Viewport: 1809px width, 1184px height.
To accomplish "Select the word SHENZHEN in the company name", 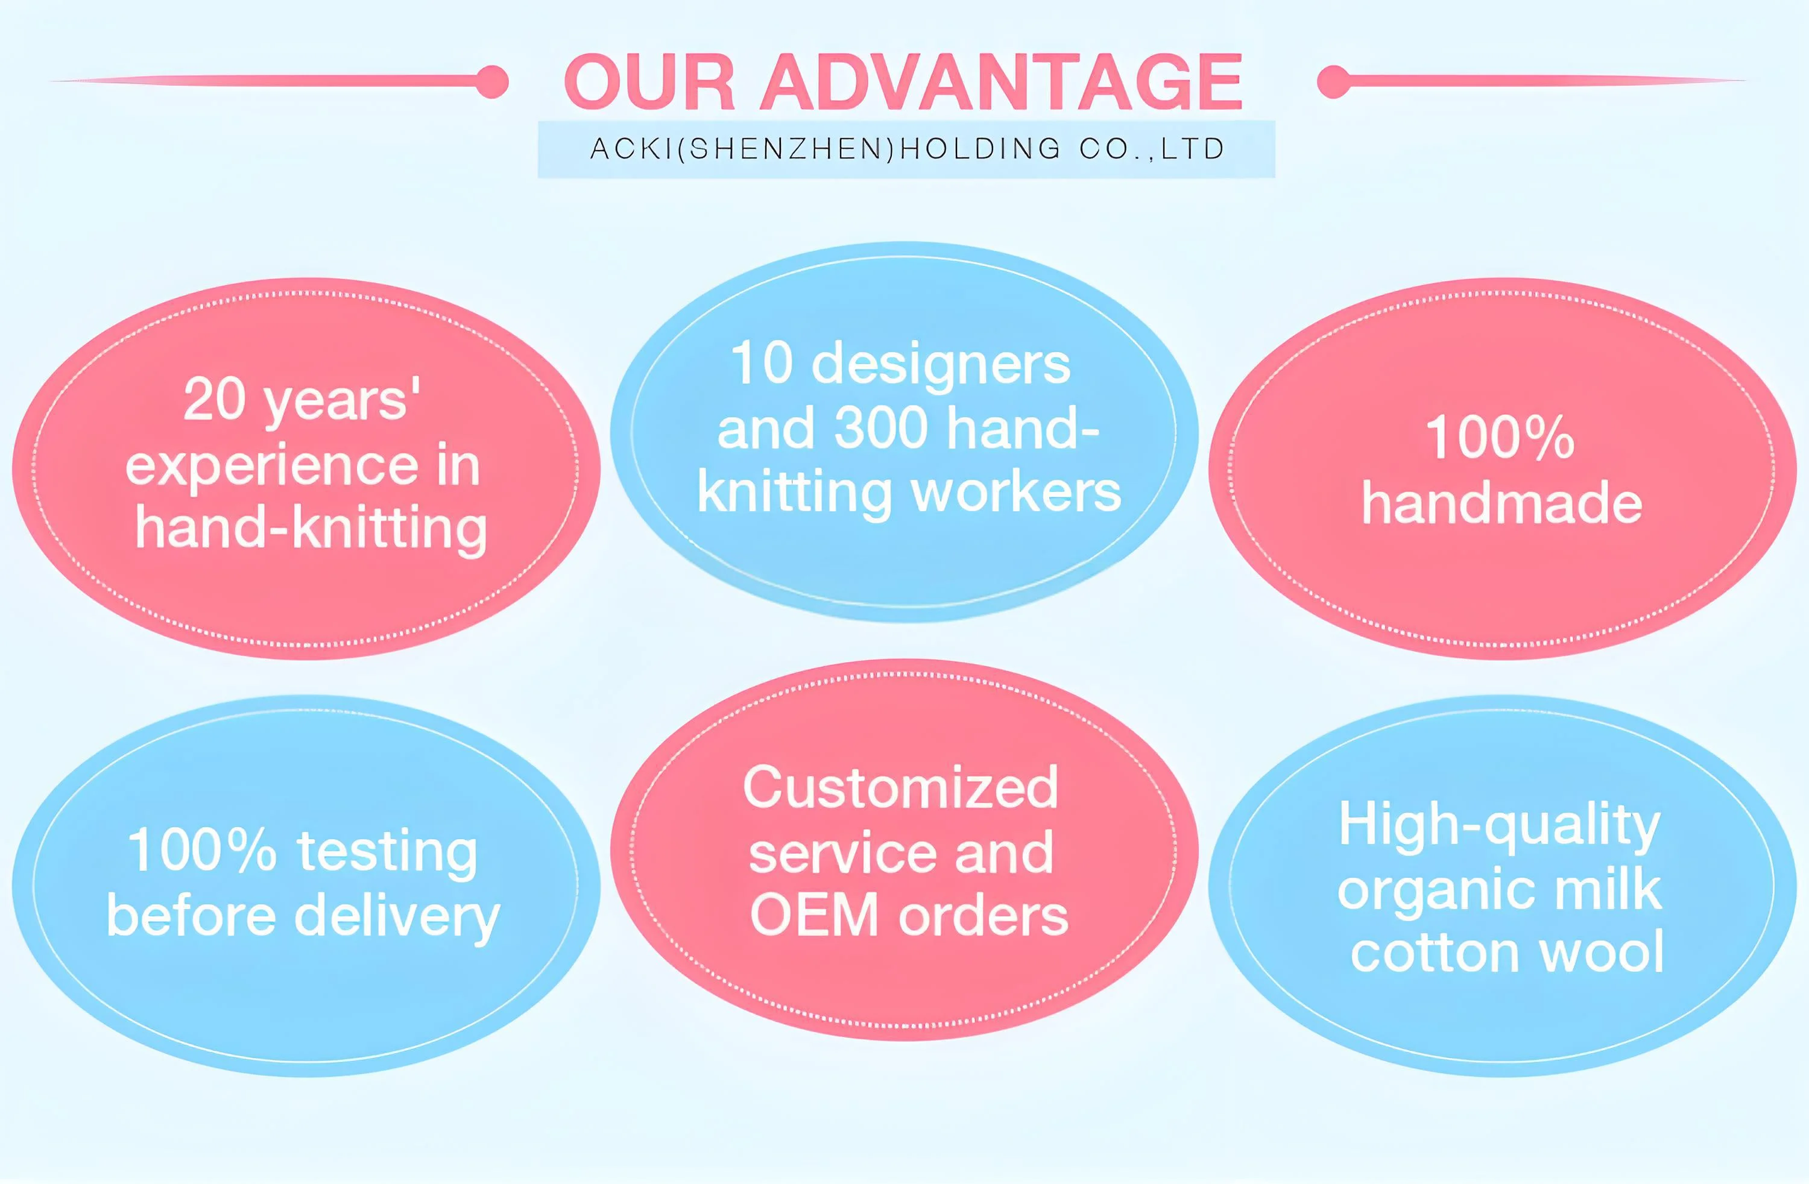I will click(x=791, y=149).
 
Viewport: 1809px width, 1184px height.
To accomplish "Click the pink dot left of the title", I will click(x=493, y=81).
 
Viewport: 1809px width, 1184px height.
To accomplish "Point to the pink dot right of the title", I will click(x=1333, y=81).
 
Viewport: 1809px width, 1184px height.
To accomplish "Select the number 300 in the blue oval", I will click(x=881, y=428).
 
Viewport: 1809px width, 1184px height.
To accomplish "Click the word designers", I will click(x=941, y=365).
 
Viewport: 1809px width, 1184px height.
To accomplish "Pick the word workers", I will click(x=1015, y=493).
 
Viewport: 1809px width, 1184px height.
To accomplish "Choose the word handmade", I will click(x=1502, y=504).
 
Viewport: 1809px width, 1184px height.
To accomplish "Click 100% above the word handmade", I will click(x=1500, y=438).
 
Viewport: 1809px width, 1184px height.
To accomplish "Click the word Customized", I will click(x=901, y=787).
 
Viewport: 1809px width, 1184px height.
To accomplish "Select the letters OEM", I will click(x=814, y=915).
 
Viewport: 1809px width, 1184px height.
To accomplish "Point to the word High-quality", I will click(x=1499, y=825).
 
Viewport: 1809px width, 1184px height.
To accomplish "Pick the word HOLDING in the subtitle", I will click(x=980, y=149).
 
